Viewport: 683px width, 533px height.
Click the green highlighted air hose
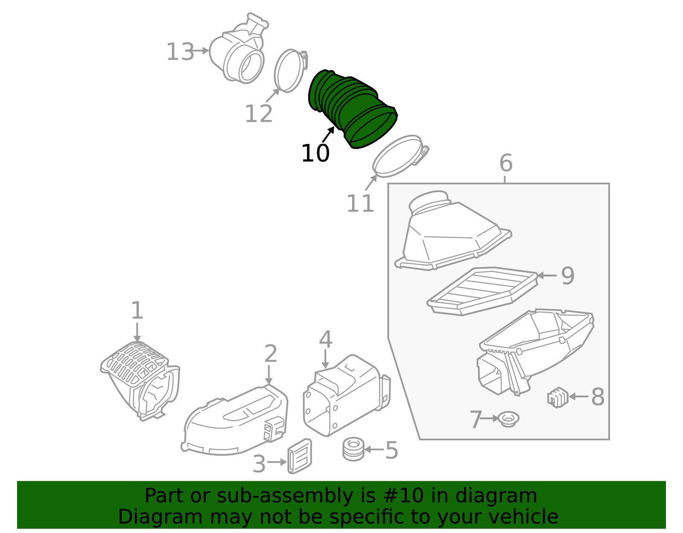[353, 109]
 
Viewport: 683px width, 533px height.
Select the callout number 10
[315, 153]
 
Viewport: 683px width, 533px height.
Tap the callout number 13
[180, 52]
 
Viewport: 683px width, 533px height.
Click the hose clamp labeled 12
[291, 71]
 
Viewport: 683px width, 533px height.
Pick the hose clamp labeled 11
[401, 156]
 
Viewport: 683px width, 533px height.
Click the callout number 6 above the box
[506, 163]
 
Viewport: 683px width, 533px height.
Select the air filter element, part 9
[482, 291]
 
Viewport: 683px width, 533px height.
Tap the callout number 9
[568, 276]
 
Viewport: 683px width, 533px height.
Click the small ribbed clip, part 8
[558, 397]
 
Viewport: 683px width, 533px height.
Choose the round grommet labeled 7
[509, 419]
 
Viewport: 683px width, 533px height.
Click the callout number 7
[476, 419]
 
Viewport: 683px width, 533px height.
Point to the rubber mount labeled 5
[353, 449]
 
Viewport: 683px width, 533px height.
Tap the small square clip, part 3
[300, 456]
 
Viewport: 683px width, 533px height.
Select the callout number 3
[259, 463]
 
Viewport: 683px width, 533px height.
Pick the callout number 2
[270, 354]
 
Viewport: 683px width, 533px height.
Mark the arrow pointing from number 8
[579, 397]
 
